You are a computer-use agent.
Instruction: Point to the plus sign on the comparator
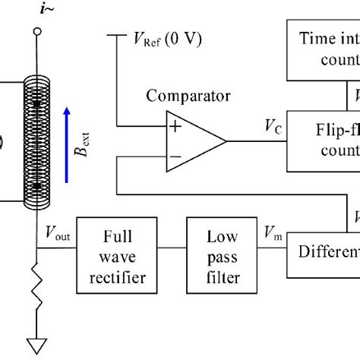175,127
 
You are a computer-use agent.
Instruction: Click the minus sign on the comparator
175,156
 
